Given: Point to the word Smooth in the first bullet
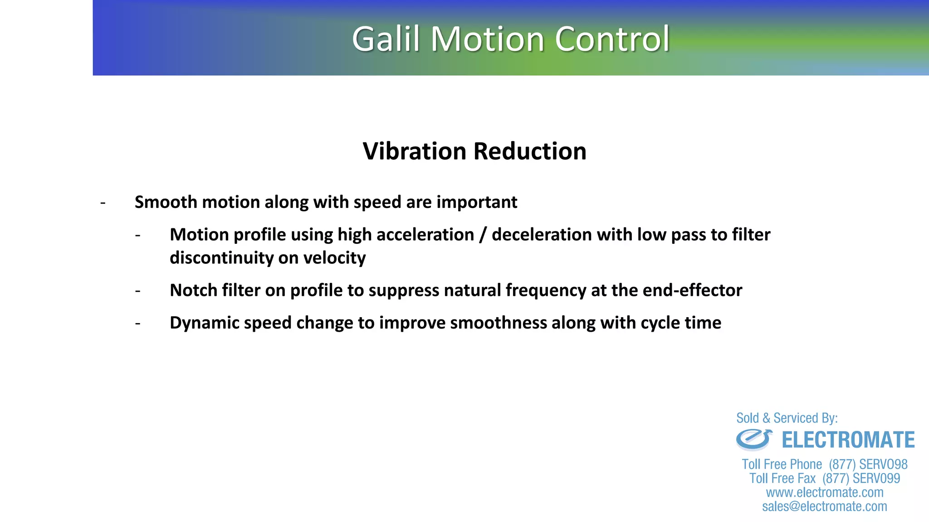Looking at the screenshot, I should tap(166, 202).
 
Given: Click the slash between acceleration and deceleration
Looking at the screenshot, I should tap(483, 235).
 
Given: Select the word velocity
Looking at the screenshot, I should tap(334, 258).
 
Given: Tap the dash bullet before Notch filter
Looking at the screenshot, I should tap(138, 290).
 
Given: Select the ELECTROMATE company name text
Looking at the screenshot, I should tap(848, 440).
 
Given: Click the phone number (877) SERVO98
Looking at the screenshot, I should tap(868, 464).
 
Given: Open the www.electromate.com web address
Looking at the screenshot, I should tap(824, 493).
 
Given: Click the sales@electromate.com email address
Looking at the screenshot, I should tap(824, 507).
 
